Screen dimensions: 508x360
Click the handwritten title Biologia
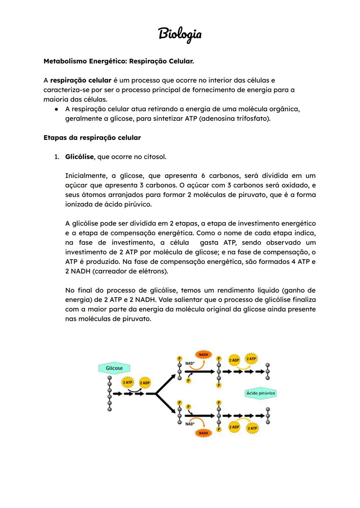[180, 34]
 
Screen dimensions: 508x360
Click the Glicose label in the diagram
[114, 368]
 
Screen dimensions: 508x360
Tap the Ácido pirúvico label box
[261, 393]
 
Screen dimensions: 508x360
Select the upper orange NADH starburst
[203, 355]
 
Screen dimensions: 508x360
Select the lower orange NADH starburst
[203, 433]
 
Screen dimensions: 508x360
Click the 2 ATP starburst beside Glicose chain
[128, 382]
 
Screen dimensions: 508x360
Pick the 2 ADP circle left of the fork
[145, 383]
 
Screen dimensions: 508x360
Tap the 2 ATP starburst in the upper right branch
[251, 359]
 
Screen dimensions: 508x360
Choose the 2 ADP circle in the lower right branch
[234, 427]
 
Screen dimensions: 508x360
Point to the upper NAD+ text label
[190, 363]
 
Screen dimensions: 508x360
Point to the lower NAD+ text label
[190, 424]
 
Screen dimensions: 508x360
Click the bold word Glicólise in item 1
[79, 157]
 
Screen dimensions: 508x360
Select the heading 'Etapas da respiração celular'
[92, 138]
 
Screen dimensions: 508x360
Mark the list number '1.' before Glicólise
[57, 157]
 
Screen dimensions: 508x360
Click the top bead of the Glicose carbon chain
[109, 378]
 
